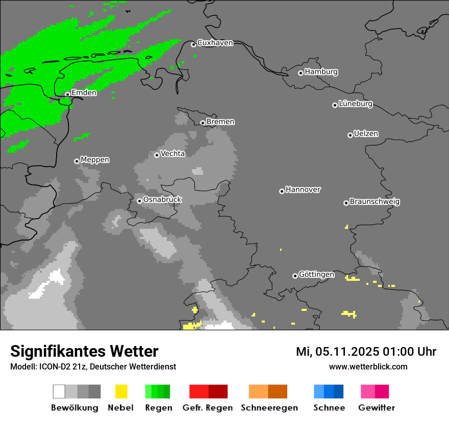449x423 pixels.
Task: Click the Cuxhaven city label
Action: (x=215, y=43)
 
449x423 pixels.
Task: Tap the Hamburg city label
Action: (x=321, y=72)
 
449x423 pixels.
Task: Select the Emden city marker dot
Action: (x=67, y=94)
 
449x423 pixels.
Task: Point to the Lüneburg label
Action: (x=356, y=104)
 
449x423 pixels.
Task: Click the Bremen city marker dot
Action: (x=203, y=123)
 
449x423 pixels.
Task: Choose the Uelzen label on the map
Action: (x=366, y=134)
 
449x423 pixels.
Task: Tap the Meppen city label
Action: (x=95, y=160)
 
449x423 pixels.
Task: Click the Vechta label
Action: (x=172, y=154)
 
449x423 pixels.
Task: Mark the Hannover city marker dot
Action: (x=282, y=192)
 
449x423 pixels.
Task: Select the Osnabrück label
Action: (x=162, y=200)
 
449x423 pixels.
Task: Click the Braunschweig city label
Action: (x=375, y=202)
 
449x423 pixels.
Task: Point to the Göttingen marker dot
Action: (x=295, y=276)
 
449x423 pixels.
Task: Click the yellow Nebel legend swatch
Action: (x=121, y=391)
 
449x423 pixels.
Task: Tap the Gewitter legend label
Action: (x=377, y=408)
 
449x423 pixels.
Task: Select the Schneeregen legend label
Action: (x=269, y=408)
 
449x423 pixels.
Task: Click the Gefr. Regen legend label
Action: (x=208, y=408)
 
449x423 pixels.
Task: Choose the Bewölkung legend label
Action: (x=74, y=408)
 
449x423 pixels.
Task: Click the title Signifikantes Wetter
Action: (x=84, y=352)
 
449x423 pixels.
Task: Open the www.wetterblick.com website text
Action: (x=368, y=367)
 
